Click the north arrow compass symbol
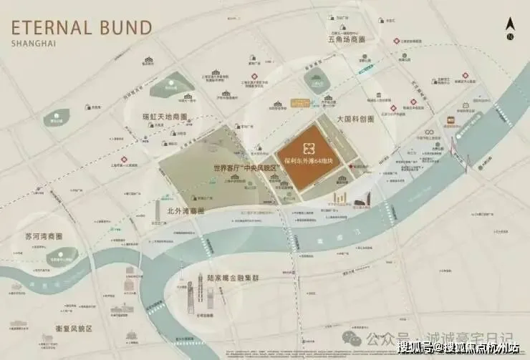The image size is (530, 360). point(509,29)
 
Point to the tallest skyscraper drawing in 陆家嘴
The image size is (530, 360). point(190,293)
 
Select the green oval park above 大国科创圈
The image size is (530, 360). point(317,82)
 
